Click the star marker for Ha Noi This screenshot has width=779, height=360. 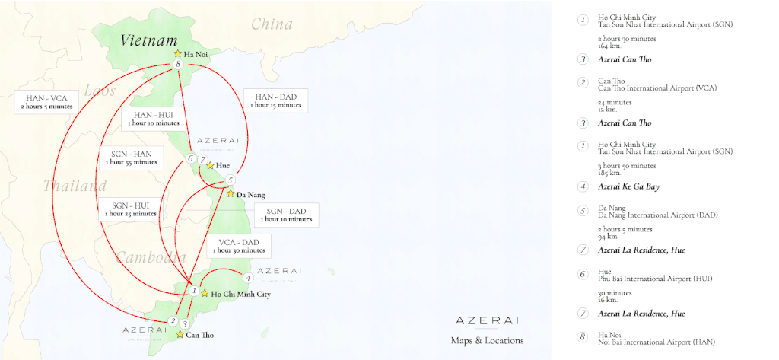(x=177, y=54)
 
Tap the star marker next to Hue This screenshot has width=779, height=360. (x=210, y=164)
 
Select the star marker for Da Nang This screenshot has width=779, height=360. (x=230, y=194)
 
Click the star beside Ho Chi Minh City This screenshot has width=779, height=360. (x=205, y=293)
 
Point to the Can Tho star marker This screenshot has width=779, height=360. (x=180, y=333)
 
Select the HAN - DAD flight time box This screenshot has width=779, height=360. (x=275, y=100)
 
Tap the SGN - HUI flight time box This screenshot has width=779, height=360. (x=130, y=209)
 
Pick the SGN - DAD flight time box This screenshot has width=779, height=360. (x=285, y=215)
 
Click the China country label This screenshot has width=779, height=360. (x=272, y=24)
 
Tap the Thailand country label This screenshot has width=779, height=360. (x=75, y=186)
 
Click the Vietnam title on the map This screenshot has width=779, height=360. (x=148, y=41)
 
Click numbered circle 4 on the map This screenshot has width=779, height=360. (x=248, y=278)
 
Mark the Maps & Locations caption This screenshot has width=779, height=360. (x=487, y=340)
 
